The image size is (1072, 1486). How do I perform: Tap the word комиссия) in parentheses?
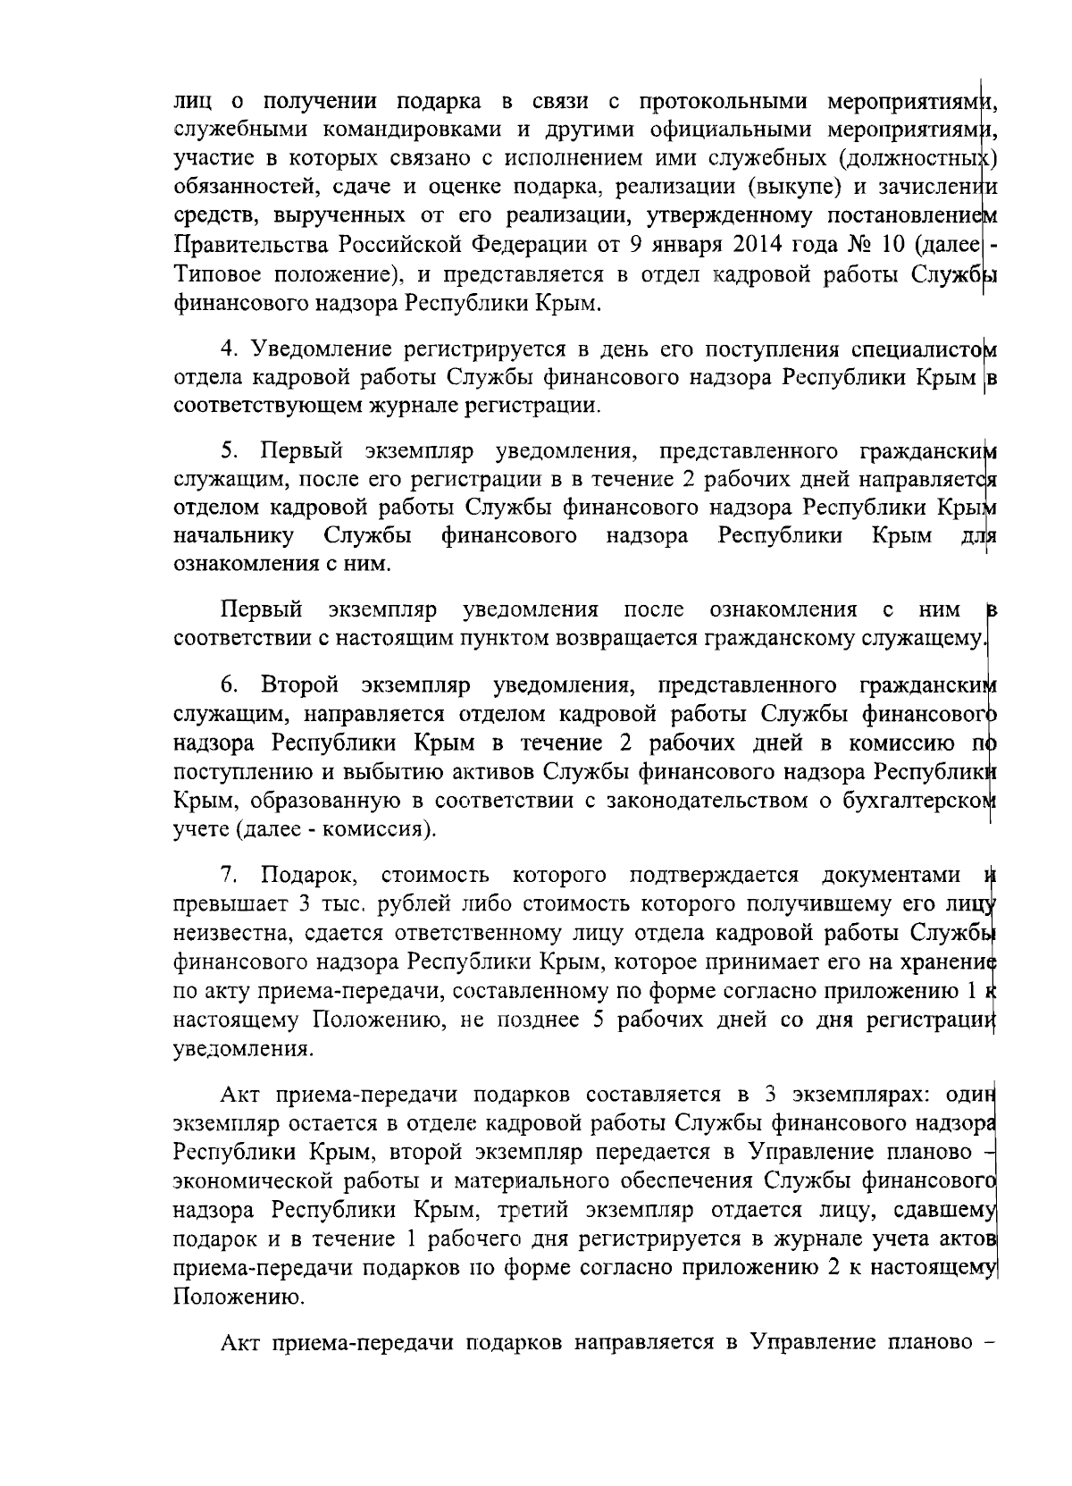391,829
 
